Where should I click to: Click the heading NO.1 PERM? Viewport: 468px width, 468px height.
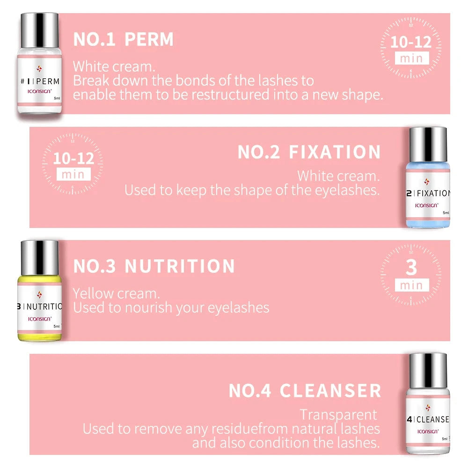pyautogui.click(x=123, y=40)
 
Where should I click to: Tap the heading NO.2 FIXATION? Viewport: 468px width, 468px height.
pyautogui.click(x=309, y=153)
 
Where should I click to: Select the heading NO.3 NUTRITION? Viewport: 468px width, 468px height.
pyautogui.click(x=154, y=266)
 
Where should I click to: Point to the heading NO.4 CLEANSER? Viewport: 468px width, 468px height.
pyautogui.click(x=305, y=390)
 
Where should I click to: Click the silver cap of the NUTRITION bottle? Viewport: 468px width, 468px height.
pyautogui.click(x=40, y=257)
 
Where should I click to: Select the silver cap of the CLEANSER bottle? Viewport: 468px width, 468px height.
pyautogui.click(x=428, y=370)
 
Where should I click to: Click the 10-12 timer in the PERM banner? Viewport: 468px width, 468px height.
pyautogui.click(x=411, y=42)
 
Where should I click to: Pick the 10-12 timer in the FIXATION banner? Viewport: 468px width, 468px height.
pyautogui.click(x=73, y=158)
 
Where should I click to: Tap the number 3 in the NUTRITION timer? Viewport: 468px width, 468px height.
pyautogui.click(x=411, y=268)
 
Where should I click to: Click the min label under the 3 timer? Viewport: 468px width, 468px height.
pyautogui.click(x=411, y=285)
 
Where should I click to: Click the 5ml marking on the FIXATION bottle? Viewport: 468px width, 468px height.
pyautogui.click(x=446, y=212)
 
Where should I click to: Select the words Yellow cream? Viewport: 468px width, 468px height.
pyautogui.click(x=116, y=293)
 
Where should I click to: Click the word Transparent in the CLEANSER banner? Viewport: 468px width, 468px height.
pyautogui.click(x=338, y=415)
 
